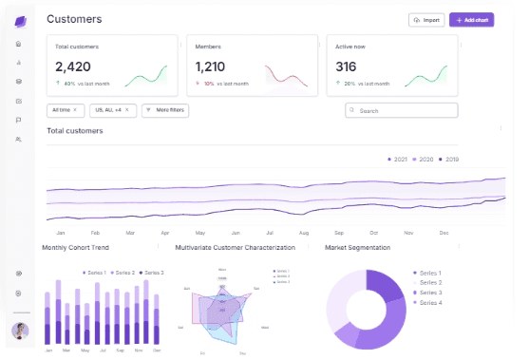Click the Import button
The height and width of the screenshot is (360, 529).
pyautogui.click(x=426, y=19)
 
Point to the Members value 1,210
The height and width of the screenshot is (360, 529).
pyautogui.click(x=210, y=66)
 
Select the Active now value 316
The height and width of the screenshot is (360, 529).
pyautogui.click(x=346, y=66)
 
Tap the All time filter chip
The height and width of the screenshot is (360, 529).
pyautogui.click(x=65, y=110)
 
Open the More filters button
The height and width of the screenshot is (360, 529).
pyautogui.click(x=165, y=110)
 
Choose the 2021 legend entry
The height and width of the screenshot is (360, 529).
pyautogui.click(x=400, y=159)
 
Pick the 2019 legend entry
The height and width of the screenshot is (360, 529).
pyautogui.click(x=449, y=159)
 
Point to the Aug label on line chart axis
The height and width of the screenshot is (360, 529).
pyautogui.click(x=303, y=233)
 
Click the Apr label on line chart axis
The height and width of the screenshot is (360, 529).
pyautogui.click(x=164, y=233)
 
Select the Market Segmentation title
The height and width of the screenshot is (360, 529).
pyautogui.click(x=357, y=248)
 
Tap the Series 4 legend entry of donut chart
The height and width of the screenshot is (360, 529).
pyautogui.click(x=428, y=303)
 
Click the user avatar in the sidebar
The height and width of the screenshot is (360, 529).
pyautogui.click(x=19, y=331)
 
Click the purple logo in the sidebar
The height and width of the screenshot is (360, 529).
pyautogui.click(x=19, y=21)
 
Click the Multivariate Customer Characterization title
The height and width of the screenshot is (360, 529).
pyautogui.click(x=235, y=248)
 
